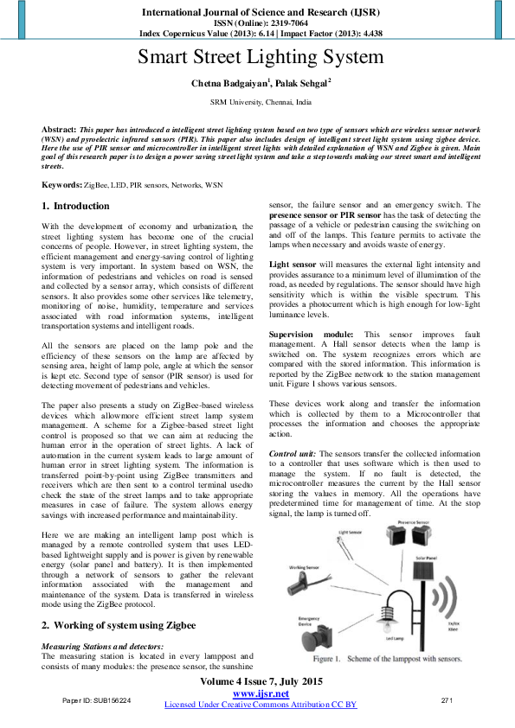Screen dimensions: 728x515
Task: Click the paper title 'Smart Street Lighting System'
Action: (261, 58)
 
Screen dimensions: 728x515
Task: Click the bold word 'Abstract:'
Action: (59, 127)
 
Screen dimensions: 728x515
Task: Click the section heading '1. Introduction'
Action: (76, 206)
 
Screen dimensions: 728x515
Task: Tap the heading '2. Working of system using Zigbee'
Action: (119, 624)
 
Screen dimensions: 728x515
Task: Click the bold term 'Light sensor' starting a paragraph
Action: (293, 264)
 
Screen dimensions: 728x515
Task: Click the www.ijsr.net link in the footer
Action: (261, 693)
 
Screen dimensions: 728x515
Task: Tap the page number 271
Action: (447, 699)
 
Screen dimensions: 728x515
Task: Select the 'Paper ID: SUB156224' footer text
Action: (95, 699)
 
